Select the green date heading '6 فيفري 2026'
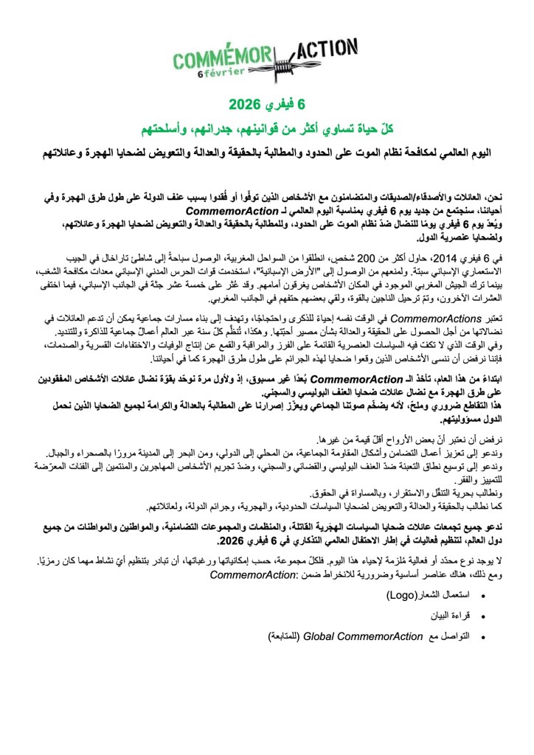click(x=267, y=101)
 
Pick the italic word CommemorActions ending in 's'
click(x=437, y=317)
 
